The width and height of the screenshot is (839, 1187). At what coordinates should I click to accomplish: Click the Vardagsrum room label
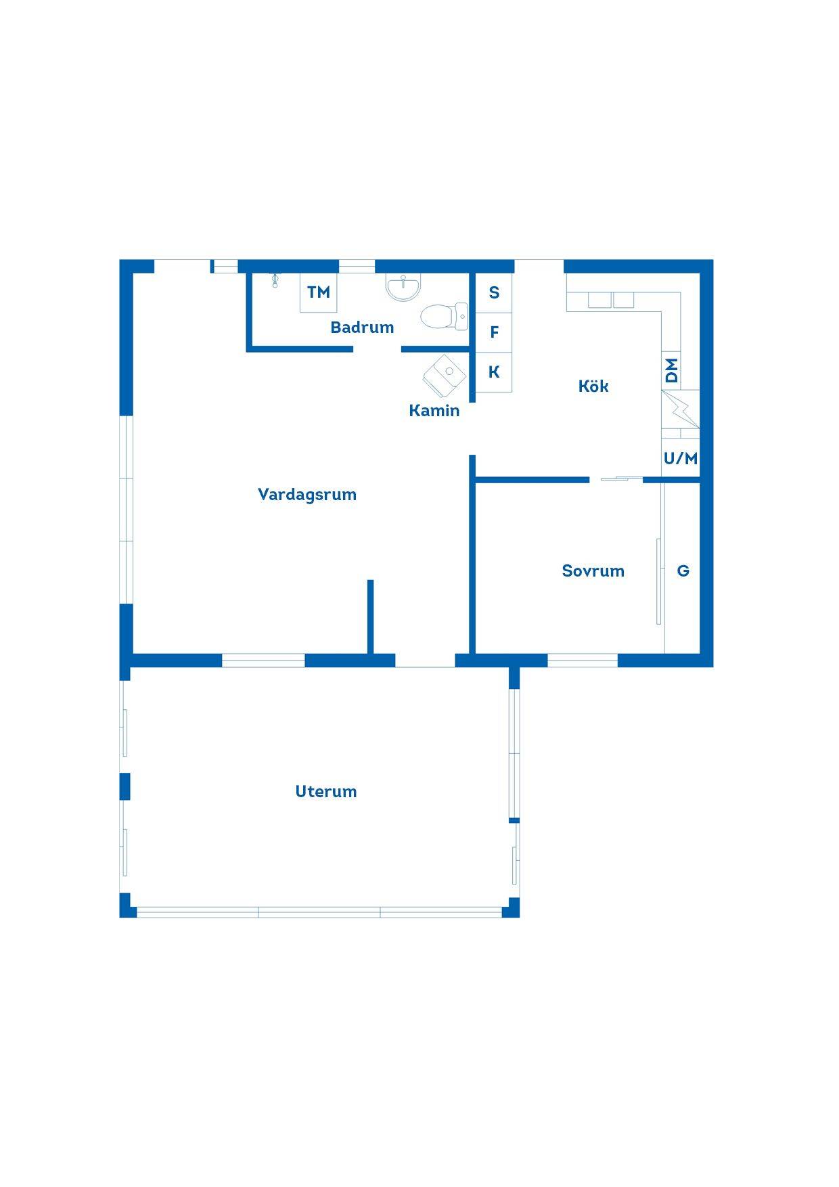click(307, 495)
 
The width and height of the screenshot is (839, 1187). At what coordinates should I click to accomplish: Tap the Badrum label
click(362, 328)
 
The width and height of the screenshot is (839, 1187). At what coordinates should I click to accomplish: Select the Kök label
click(593, 386)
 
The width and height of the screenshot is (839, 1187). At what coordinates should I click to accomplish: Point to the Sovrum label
click(593, 570)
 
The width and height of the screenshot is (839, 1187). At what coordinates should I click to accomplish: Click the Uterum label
click(325, 791)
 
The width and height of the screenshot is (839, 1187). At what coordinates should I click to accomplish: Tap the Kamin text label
click(434, 410)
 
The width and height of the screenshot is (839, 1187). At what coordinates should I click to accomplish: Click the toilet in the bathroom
click(444, 316)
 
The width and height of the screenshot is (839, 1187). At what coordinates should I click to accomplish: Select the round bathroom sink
click(403, 287)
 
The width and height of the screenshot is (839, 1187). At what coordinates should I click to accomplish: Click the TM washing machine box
click(319, 292)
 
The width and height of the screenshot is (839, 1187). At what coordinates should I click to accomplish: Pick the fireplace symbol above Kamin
click(445, 375)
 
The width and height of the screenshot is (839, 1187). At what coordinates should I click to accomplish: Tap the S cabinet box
click(494, 292)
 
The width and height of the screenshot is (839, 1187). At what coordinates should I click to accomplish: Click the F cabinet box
click(494, 332)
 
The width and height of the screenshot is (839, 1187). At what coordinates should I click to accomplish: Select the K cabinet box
click(494, 372)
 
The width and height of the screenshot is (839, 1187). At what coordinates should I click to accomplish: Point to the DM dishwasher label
click(671, 371)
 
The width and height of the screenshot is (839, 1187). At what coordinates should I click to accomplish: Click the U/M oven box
click(681, 459)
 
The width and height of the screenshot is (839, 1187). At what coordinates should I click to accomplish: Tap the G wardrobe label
click(683, 571)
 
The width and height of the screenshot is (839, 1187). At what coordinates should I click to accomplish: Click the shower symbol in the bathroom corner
click(275, 280)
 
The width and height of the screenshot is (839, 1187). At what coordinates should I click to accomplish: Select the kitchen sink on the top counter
click(611, 300)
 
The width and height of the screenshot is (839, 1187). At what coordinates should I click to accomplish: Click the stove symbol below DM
click(680, 409)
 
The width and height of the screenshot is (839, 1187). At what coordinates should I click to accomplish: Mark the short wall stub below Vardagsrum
click(371, 617)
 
